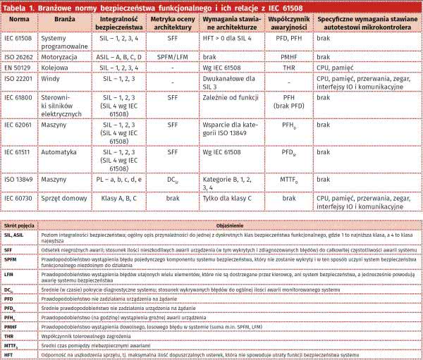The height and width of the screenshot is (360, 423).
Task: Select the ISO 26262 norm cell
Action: [x=18, y=56]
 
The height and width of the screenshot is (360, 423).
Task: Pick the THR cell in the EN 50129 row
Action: [x=288, y=67]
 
